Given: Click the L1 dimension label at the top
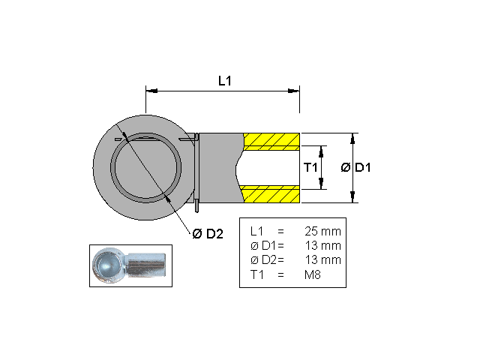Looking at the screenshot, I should point(224,80).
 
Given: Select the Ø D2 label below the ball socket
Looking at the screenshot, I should point(208,234).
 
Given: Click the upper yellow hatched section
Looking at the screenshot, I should point(272,139).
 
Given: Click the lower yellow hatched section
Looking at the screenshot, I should point(272,194).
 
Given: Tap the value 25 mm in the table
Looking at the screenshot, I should point(322,231).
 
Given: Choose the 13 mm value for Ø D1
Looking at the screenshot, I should point(322,245).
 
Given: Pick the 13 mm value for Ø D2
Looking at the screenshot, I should point(322,259).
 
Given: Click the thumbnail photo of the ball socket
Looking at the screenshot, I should point(130,265).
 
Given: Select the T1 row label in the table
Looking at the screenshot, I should point(256,274).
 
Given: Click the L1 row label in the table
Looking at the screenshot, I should point(256,231).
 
